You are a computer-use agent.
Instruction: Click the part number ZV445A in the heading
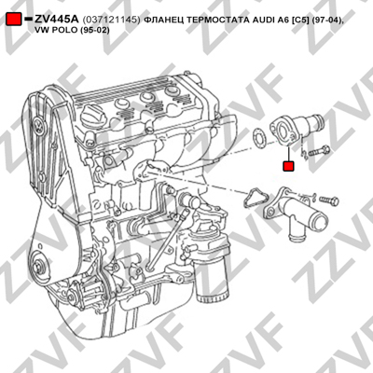pyautogui.click(x=57, y=20)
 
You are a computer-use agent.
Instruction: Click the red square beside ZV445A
pyautogui.click(x=14, y=20)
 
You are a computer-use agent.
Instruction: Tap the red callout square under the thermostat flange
pyautogui.click(x=288, y=166)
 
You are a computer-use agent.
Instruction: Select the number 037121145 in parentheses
pyautogui.click(x=111, y=20)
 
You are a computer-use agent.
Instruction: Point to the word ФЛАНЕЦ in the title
pyautogui.click(x=164, y=20)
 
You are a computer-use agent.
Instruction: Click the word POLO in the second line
pyautogui.click(x=64, y=31)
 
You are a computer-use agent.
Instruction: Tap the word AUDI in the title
pyautogui.click(x=261, y=20)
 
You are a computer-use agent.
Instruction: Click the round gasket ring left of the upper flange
pyautogui.click(x=258, y=137)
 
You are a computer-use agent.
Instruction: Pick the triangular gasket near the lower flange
pyautogui.click(x=256, y=198)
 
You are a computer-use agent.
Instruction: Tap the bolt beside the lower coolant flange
pyautogui.click(x=329, y=200)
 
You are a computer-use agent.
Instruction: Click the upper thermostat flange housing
pyautogui.click(x=296, y=129)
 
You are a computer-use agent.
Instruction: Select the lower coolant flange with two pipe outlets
pyautogui.click(x=296, y=212)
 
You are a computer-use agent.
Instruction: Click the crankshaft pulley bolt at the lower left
pyautogui.click(x=38, y=267)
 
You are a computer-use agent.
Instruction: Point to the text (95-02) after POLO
pyautogui.click(x=94, y=31)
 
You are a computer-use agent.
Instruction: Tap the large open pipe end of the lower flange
pyautogui.click(x=320, y=220)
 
